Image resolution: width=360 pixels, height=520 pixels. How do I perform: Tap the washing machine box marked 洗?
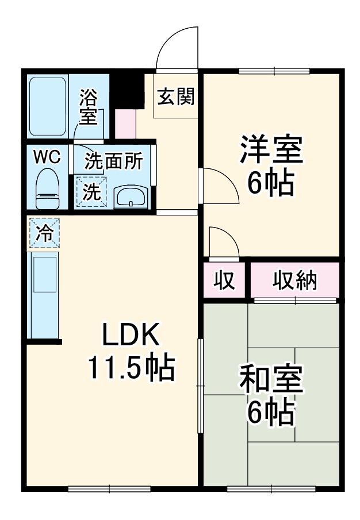pyautogui.click(x=91, y=191)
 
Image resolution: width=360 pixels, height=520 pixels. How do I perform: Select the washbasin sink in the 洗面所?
pyautogui.click(x=131, y=197)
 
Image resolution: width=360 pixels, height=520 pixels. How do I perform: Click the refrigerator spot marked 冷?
pyautogui.click(x=43, y=233)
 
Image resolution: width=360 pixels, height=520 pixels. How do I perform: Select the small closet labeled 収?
pyautogui.click(x=224, y=280)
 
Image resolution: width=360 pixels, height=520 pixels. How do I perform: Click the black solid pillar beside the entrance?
pyautogui.click(x=128, y=89)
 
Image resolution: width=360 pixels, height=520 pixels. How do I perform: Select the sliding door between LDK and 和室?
pyautogui.click(x=201, y=385)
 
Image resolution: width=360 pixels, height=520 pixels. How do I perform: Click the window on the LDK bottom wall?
pyautogui.click(x=109, y=490)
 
